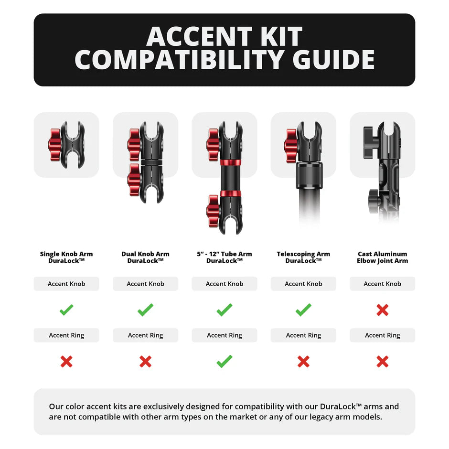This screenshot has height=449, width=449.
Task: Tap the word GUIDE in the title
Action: coord(332,60)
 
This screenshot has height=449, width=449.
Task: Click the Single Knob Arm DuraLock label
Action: coord(66,257)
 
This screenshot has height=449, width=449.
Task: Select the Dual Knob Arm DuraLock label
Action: coord(145,257)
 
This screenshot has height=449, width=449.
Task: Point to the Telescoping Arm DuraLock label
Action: coord(303,257)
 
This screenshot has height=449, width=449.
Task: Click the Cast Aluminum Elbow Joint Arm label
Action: coord(382,257)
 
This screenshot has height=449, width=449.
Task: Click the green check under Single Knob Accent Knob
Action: coord(66,310)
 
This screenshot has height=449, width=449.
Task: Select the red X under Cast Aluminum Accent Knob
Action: coord(382,310)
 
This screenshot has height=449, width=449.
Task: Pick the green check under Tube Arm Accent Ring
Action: coord(224,361)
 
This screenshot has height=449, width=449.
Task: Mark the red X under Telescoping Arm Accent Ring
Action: coord(303,362)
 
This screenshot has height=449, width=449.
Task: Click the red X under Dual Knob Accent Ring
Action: coord(145,362)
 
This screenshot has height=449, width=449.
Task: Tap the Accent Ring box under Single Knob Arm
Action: coord(66,335)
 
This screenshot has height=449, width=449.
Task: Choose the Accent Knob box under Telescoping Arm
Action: coord(303,284)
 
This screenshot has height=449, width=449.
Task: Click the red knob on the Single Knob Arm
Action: coord(55,145)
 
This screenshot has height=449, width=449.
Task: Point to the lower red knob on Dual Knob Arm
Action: coord(134,180)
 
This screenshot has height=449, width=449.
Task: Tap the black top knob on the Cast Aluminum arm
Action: coord(369,142)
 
